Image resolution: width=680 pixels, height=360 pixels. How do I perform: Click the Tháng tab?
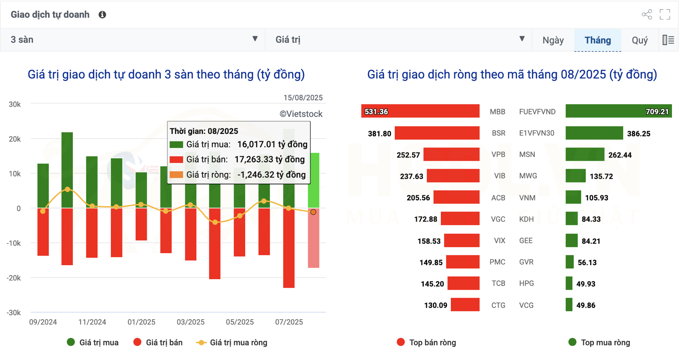598,40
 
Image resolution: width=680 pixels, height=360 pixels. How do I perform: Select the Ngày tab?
553,40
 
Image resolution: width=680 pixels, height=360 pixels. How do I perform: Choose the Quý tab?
640,40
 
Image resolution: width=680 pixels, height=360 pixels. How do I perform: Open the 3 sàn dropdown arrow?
255,39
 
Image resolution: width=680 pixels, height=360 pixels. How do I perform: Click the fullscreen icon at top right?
665,14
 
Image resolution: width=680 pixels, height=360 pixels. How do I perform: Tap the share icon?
647,14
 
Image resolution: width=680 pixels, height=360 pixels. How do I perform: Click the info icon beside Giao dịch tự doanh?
102,15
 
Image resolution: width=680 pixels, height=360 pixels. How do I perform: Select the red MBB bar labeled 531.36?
420,111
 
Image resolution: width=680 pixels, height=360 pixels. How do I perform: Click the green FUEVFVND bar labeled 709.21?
618,111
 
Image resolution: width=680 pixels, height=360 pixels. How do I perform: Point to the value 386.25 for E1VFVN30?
638,134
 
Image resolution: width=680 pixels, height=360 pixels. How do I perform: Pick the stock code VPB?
498,155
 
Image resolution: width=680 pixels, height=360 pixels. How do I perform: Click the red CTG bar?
465,305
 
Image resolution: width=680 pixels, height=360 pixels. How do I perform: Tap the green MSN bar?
585,154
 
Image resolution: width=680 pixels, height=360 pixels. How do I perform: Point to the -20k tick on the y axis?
14,278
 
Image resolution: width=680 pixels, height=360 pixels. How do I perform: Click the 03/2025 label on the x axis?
190,322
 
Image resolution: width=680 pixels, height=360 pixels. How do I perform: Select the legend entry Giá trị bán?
164,342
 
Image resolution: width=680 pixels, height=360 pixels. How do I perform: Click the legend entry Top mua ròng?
605,342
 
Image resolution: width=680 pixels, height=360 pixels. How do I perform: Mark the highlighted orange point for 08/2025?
313,212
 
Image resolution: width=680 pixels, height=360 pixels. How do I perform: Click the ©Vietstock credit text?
301,114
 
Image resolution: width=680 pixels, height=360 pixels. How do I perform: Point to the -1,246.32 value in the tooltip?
272,175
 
